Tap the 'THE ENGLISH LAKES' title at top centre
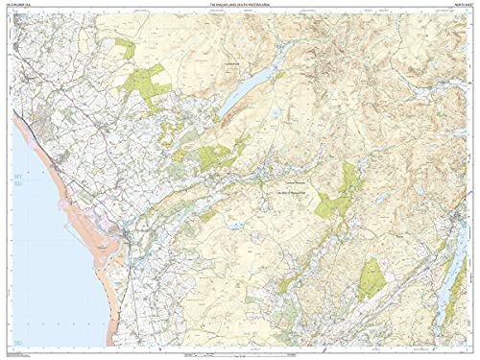240,6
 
